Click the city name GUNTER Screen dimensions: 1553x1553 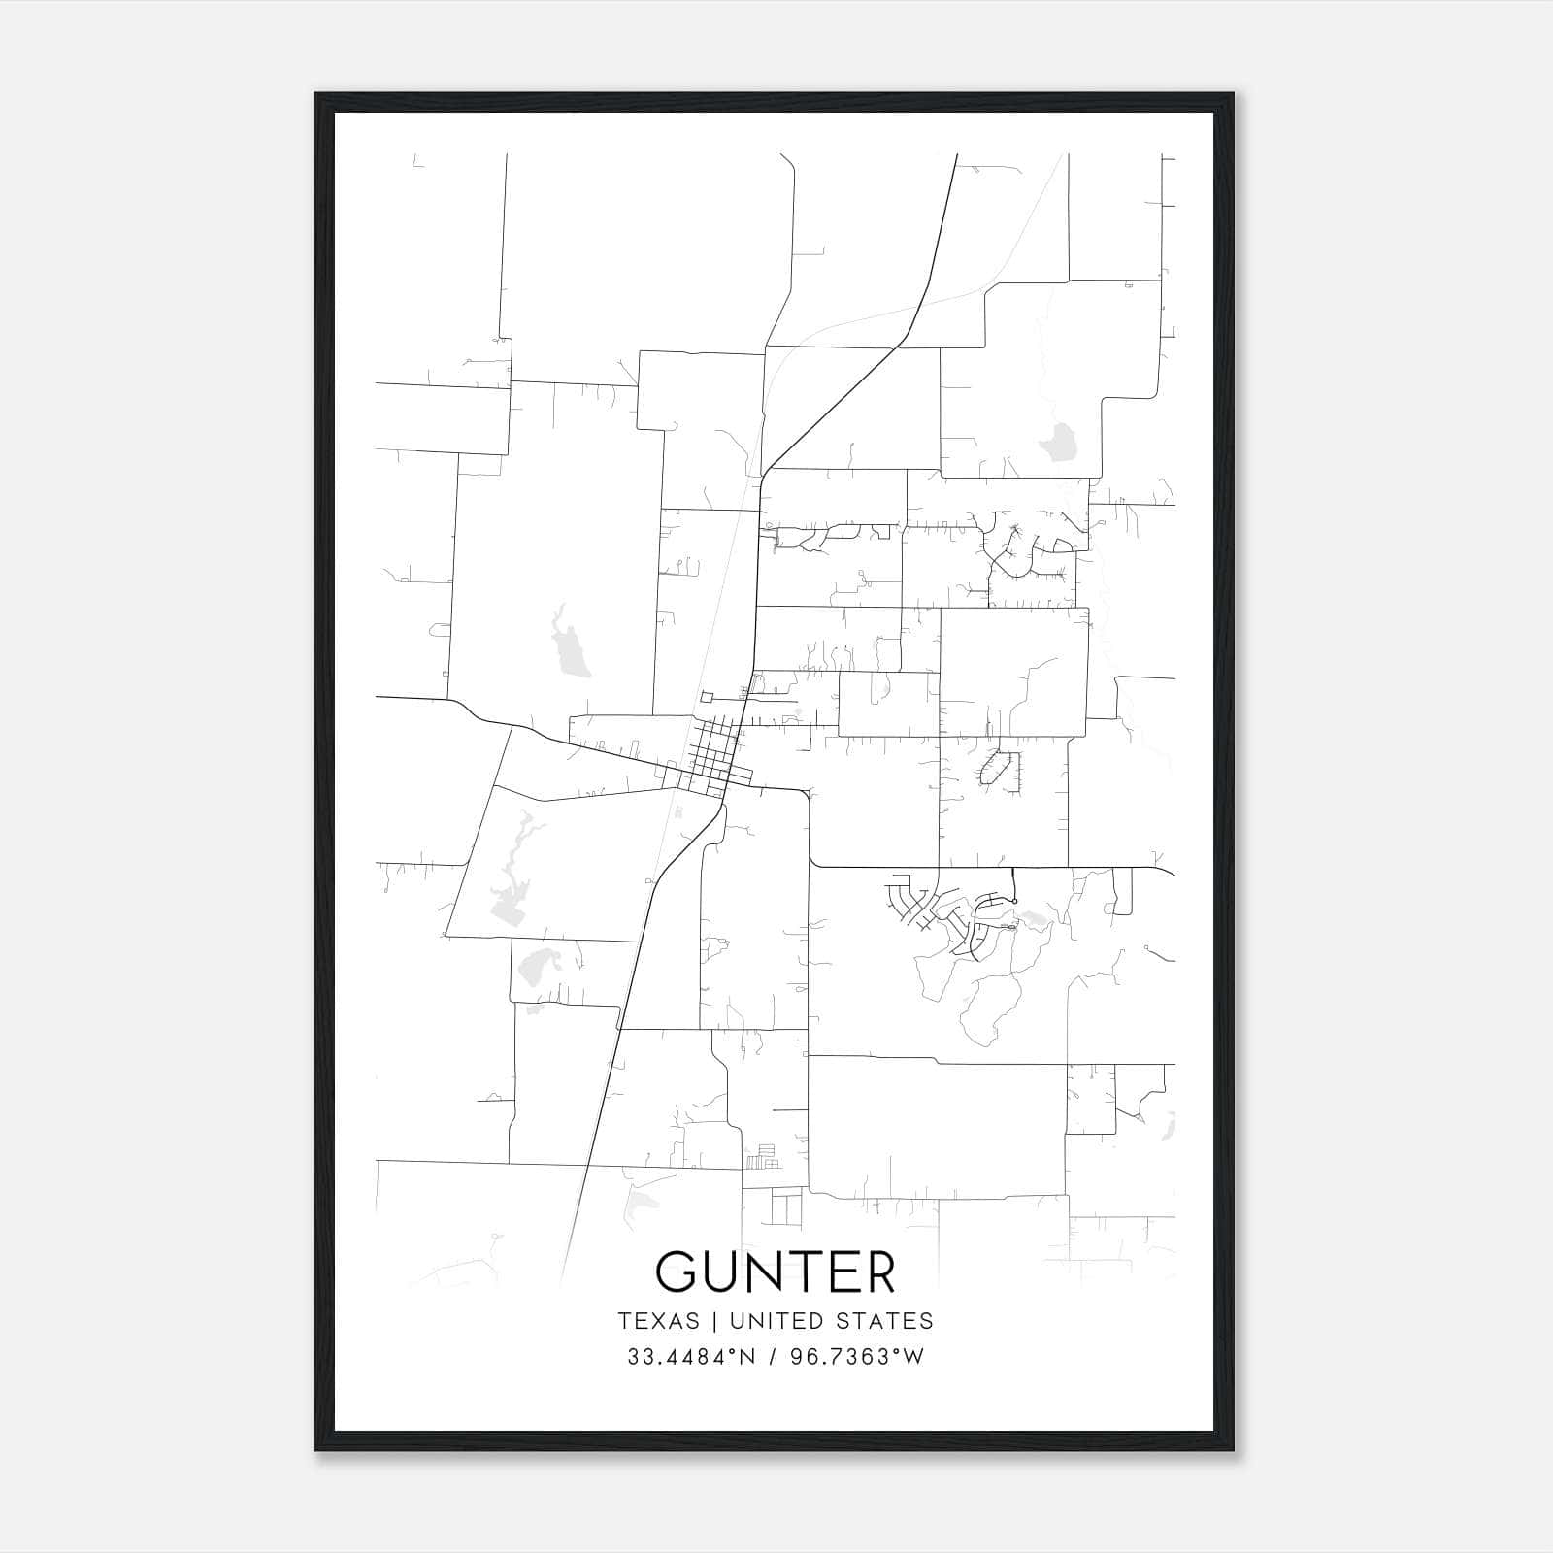(x=775, y=1272)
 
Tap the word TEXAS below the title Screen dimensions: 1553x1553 (x=658, y=1321)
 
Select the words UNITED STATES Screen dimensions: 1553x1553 (x=831, y=1321)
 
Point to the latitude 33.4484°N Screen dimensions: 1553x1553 (x=689, y=1357)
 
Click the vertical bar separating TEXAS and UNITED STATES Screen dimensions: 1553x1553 (x=714, y=1321)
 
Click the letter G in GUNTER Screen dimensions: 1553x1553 (x=676, y=1272)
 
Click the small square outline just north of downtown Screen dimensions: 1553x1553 (x=707, y=697)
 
